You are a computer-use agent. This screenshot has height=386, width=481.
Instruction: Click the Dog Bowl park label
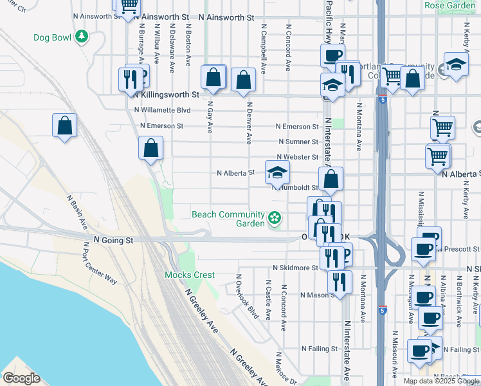pyautogui.click(x=53, y=37)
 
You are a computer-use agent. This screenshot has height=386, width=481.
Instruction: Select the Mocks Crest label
pyautogui.click(x=190, y=275)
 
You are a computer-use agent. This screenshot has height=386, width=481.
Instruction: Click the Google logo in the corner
pyautogui.click(x=21, y=378)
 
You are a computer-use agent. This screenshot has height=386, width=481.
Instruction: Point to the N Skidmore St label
pyautogui.click(x=296, y=267)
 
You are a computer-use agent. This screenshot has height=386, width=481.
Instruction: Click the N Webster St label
pyautogui.click(x=297, y=157)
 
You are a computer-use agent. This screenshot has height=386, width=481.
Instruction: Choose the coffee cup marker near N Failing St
pyautogui.click(x=419, y=351)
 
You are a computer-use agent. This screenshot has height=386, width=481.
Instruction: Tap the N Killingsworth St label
pyautogui.click(x=167, y=94)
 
